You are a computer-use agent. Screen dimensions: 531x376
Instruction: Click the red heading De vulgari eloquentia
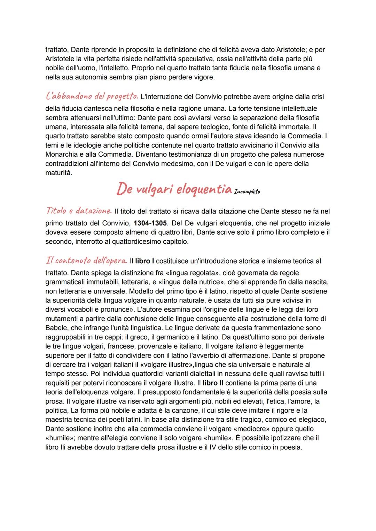(174, 189)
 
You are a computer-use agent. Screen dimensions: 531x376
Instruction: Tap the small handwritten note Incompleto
(247, 192)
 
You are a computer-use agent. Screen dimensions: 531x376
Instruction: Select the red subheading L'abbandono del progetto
(92, 95)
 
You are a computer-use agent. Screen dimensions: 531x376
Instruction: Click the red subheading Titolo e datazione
(79, 211)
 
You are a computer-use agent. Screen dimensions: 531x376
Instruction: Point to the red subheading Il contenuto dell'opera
(86, 260)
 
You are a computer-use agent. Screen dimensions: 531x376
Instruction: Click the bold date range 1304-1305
(150, 223)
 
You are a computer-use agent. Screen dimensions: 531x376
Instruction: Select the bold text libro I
(144, 261)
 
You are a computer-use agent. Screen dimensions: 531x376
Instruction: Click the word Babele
(56, 328)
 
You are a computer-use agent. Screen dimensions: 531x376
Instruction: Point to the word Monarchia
(61, 154)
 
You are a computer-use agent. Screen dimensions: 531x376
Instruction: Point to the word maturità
(58, 173)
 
